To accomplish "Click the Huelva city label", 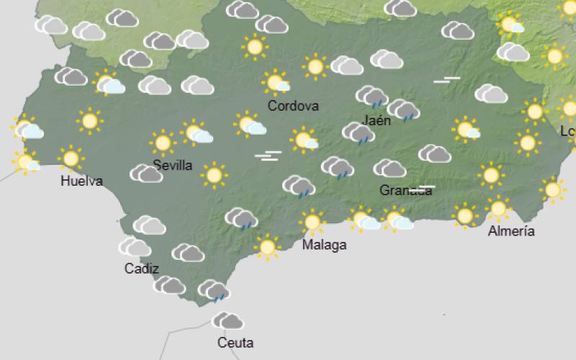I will (x=81, y=181).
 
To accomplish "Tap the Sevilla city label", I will (x=173, y=166).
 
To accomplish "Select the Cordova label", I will (x=293, y=106).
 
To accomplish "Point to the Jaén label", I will (x=378, y=120).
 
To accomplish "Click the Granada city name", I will (x=405, y=190).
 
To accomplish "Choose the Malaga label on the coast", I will (x=324, y=245).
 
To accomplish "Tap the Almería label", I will (x=511, y=231).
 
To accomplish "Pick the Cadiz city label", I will (x=141, y=269).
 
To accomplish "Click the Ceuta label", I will (x=235, y=343).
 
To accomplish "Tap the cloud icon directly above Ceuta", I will (x=228, y=320).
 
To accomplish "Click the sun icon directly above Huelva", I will (x=71, y=158).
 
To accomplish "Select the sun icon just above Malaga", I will (x=312, y=221).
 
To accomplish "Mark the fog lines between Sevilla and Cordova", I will (x=268, y=156).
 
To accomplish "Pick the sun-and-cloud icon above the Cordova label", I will (x=276, y=82).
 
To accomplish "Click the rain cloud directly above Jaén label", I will (x=372, y=96).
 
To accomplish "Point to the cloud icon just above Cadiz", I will (x=135, y=247).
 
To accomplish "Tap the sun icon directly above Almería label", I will (x=498, y=209).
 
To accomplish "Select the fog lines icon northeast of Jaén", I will (x=446, y=80).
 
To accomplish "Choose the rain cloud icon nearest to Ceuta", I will (x=214, y=290).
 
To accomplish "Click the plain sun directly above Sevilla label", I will (x=163, y=143).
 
